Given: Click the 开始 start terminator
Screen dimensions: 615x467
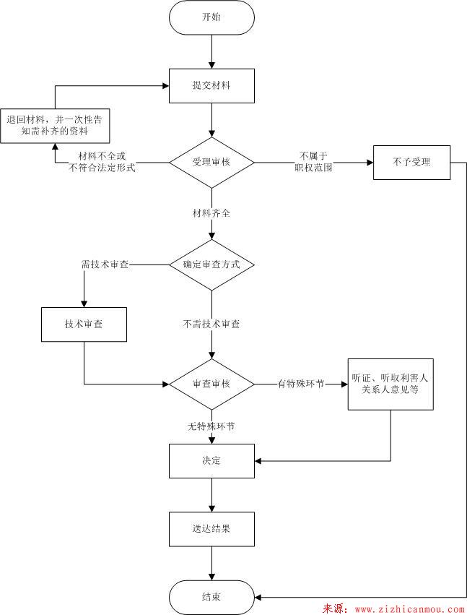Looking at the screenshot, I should click(x=211, y=17).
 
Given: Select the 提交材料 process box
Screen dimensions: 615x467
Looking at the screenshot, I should click(x=211, y=86).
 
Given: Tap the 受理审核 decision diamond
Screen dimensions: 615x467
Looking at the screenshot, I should click(x=211, y=162).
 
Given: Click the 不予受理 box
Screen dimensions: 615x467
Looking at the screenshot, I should click(x=411, y=163).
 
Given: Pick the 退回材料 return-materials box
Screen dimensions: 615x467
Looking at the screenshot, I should click(x=55, y=126).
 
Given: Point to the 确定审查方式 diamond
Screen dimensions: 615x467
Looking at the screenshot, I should click(x=211, y=265).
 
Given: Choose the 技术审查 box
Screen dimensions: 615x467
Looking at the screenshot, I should click(x=84, y=324).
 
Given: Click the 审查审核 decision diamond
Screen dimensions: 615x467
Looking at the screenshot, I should click(x=211, y=384).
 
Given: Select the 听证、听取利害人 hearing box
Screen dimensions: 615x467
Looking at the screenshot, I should click(x=390, y=383).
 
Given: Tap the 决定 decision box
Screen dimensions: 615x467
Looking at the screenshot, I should click(x=211, y=460).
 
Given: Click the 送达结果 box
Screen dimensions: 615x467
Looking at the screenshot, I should click(x=211, y=529).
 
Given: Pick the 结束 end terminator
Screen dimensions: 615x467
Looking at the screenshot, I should click(x=211, y=597).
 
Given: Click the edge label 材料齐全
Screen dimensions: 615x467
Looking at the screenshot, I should click(x=211, y=215).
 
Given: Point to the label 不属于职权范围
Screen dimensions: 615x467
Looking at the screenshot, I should click(x=313, y=162).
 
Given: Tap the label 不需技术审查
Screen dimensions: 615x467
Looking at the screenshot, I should click(x=211, y=324).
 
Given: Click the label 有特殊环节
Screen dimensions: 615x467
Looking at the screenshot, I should click(x=300, y=384).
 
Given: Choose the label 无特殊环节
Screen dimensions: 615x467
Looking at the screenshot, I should click(x=211, y=426).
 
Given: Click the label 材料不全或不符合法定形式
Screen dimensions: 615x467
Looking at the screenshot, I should click(x=102, y=162).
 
